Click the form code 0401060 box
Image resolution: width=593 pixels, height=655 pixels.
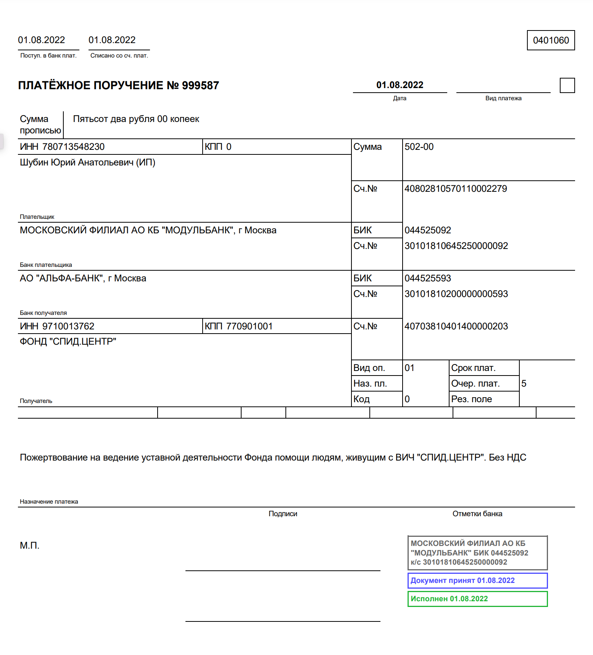[x=551, y=40]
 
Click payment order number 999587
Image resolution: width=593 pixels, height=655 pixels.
[x=200, y=85]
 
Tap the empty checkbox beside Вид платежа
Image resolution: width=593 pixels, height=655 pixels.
[x=567, y=85]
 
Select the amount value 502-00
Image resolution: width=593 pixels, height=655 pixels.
[x=419, y=147]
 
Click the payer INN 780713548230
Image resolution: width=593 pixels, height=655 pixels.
[x=73, y=147]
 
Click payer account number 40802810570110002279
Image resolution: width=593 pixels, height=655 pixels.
[x=456, y=189]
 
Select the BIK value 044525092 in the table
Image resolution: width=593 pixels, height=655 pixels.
[x=428, y=230]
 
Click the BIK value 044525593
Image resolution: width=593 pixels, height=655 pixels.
[x=428, y=278]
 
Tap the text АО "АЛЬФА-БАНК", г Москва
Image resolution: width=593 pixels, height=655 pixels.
[x=83, y=278]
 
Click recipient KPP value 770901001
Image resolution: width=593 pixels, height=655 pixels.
[x=249, y=326]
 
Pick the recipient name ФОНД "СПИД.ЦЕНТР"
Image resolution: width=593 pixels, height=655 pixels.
[x=68, y=342]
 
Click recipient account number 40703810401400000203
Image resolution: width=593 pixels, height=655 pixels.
[x=456, y=326]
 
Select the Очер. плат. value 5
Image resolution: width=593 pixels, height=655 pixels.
[x=524, y=384]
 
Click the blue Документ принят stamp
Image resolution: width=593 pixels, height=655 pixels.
[x=477, y=580]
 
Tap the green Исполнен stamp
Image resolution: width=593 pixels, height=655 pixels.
[x=477, y=599]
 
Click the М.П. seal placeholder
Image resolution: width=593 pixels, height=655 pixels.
[x=29, y=546]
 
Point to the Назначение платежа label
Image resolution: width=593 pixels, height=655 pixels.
[x=49, y=502]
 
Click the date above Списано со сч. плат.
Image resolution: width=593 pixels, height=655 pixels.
[x=112, y=40]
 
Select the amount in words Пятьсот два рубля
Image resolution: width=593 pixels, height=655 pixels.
[x=136, y=119]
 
